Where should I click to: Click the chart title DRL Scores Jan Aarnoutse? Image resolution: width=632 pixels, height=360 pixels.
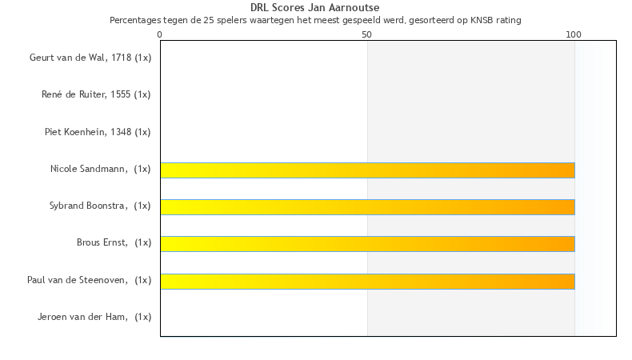[x=315, y=8]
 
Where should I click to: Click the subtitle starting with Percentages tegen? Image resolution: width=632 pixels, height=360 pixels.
[x=315, y=20]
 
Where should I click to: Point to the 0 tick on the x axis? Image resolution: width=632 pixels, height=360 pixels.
[x=160, y=34]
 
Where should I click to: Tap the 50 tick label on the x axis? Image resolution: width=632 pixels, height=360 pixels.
[x=367, y=34]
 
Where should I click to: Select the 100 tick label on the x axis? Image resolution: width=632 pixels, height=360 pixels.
[x=574, y=34]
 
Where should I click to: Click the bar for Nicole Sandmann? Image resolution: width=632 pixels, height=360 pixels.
[x=367, y=170]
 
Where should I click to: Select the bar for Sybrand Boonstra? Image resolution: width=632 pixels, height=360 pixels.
[x=367, y=206]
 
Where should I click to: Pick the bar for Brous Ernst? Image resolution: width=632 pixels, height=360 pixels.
[x=367, y=244]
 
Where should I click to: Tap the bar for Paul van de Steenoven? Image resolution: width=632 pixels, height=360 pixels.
[x=367, y=281]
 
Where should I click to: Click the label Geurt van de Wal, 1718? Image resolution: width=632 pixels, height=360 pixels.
[x=90, y=58]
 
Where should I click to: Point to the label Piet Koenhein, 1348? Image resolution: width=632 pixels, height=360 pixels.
[x=98, y=132]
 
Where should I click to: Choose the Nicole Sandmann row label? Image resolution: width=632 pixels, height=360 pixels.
[x=100, y=169]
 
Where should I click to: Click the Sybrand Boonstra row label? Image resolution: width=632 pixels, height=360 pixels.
[x=100, y=206]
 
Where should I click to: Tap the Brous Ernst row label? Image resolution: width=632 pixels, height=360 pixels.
[x=114, y=243]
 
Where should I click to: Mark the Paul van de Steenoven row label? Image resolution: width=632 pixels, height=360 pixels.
[x=89, y=280]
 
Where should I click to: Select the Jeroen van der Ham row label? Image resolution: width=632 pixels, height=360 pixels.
[x=94, y=317]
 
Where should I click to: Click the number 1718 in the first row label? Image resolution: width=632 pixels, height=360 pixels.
[x=122, y=58]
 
